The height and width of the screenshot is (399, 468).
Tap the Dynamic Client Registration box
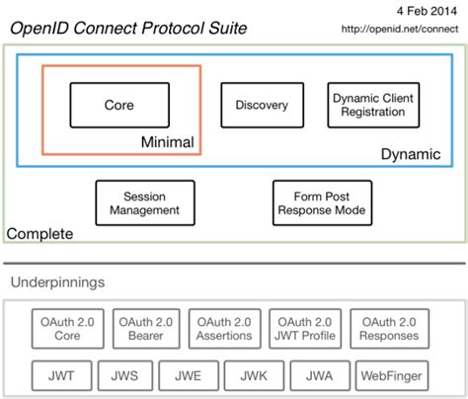[x=368, y=105]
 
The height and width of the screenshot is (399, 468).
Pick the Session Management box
[x=151, y=202]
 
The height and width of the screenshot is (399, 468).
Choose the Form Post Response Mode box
[x=322, y=202]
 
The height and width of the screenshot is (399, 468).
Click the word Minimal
[x=166, y=143]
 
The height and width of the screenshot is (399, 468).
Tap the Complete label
[x=39, y=234]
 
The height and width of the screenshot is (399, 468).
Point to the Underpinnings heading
[x=58, y=282]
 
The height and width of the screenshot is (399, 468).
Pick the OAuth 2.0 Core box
[x=69, y=328]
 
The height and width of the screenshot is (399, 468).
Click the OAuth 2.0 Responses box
[x=390, y=328]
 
